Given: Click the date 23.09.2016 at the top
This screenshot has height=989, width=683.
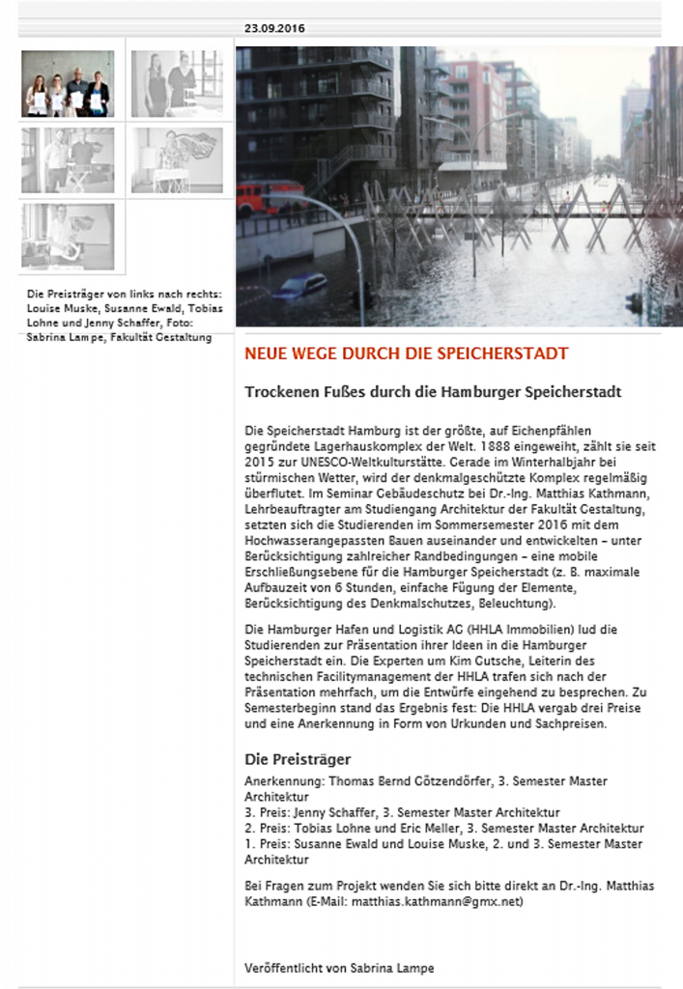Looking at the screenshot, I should [274, 28].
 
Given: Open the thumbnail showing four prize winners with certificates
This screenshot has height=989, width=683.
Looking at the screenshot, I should [68, 84].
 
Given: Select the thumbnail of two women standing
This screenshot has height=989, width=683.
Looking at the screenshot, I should [177, 84].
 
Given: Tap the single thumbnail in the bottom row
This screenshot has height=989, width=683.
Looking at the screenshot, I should [68, 237].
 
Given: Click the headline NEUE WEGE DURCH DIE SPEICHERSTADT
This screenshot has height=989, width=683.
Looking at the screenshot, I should [406, 354].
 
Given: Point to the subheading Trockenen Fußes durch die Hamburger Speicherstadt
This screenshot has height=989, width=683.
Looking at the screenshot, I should [432, 392].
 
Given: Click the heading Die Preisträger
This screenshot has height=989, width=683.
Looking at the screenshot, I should [298, 759].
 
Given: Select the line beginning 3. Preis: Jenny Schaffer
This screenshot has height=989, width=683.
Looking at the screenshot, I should [402, 812].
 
